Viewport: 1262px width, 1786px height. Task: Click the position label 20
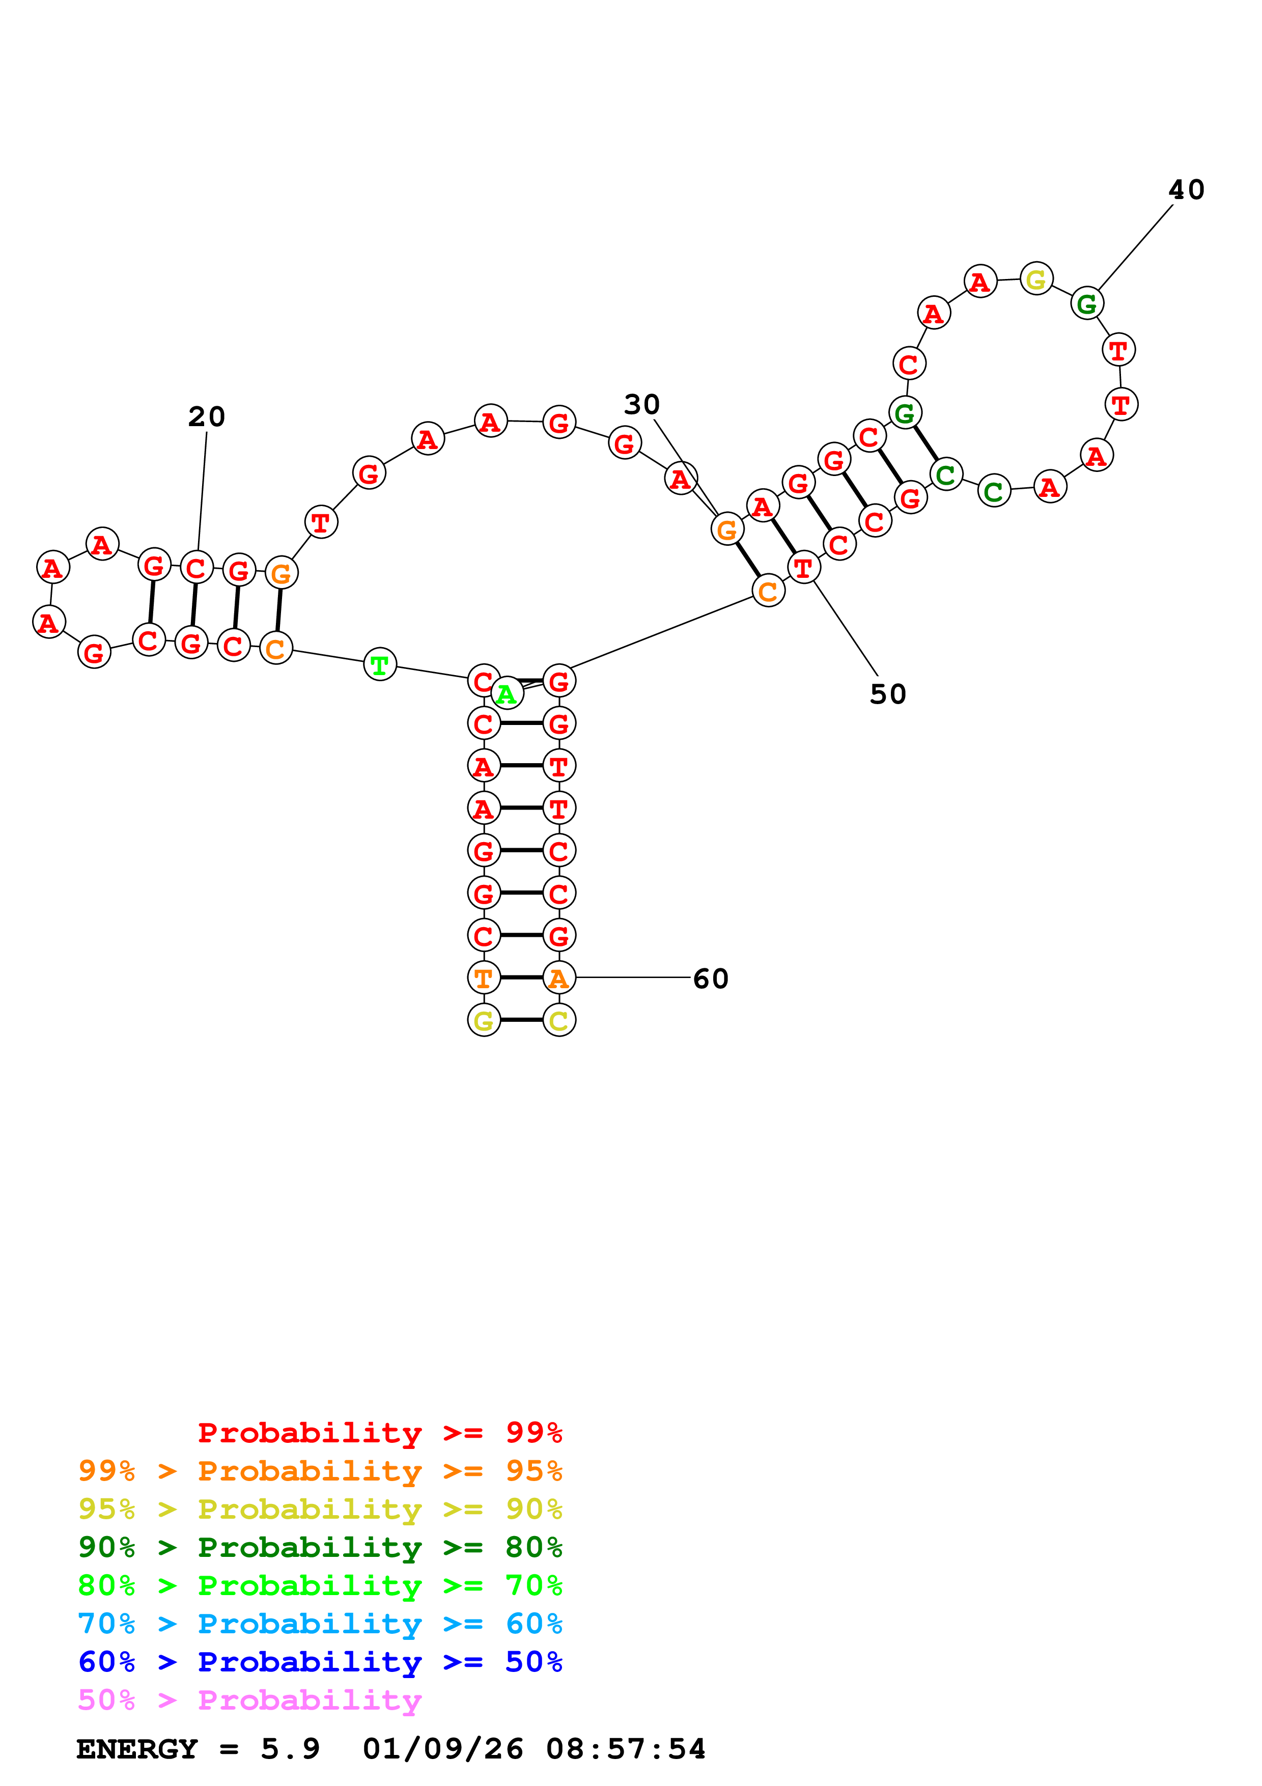pyautogui.click(x=206, y=417)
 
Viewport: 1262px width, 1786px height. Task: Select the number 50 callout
pyautogui.click(x=887, y=694)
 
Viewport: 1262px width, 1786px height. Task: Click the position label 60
pyautogui.click(x=710, y=979)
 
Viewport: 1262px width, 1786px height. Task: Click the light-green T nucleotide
pyautogui.click(x=379, y=664)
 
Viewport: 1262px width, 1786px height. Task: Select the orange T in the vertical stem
pyautogui.click(x=483, y=978)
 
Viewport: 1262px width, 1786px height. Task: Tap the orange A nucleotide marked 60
pyautogui.click(x=558, y=978)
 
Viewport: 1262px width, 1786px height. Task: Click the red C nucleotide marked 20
pyautogui.click(x=196, y=568)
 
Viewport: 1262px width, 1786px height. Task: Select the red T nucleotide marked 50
pyautogui.click(x=803, y=567)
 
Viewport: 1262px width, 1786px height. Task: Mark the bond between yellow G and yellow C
pyautogui.click(x=521, y=1020)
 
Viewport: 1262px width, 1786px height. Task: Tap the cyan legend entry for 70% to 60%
pyautogui.click(x=320, y=1624)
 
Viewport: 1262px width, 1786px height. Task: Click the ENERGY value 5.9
pyautogui.click(x=290, y=1749)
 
